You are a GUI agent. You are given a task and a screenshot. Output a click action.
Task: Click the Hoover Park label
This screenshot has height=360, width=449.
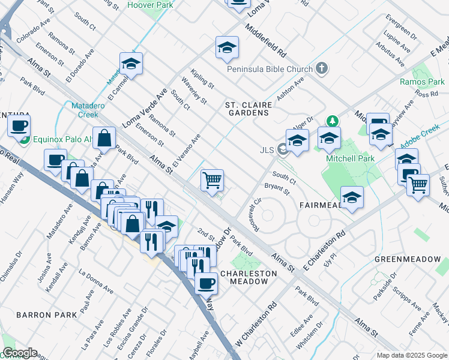[x=150, y=5]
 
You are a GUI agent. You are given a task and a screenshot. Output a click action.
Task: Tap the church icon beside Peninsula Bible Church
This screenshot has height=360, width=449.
[x=322, y=68]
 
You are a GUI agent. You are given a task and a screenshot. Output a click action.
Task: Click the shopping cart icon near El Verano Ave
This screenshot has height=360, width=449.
[x=212, y=179]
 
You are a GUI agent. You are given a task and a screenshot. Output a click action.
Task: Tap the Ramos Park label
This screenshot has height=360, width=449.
[x=422, y=82]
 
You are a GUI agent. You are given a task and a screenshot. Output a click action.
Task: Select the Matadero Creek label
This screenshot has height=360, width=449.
[x=85, y=110]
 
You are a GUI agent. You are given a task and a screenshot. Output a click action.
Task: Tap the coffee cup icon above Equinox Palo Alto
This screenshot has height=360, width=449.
[x=19, y=126]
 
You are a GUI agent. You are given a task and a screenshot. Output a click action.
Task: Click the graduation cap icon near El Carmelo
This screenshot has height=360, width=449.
[x=130, y=63]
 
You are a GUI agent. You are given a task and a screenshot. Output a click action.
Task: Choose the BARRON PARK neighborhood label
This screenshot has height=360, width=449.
[x=46, y=314]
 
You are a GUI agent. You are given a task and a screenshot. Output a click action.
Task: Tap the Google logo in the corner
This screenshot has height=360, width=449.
[x=20, y=353]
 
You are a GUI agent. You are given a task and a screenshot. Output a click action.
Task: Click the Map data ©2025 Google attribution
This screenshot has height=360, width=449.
[x=411, y=355]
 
